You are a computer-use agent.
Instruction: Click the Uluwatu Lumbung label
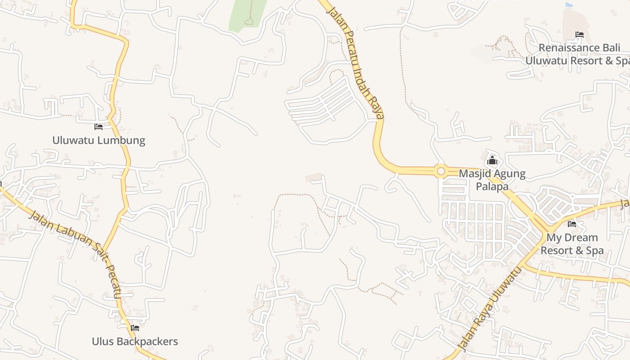coord(99,140)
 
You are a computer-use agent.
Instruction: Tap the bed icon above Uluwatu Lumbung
coord(99,127)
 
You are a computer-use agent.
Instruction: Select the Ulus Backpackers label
coord(135,342)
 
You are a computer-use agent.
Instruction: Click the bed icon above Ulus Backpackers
coord(135,328)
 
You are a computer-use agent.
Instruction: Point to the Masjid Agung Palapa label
coord(492,180)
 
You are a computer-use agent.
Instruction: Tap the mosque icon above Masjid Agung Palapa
coord(492,160)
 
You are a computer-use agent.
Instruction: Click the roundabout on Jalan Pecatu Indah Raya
coord(441,171)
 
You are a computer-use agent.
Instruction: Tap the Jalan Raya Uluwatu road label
coord(490,308)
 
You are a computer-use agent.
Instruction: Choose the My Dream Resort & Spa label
coord(572,244)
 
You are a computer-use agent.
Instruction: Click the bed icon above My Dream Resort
coord(572,224)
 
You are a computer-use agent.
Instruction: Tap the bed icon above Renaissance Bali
coord(579,35)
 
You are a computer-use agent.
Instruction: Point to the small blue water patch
coord(569,5)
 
